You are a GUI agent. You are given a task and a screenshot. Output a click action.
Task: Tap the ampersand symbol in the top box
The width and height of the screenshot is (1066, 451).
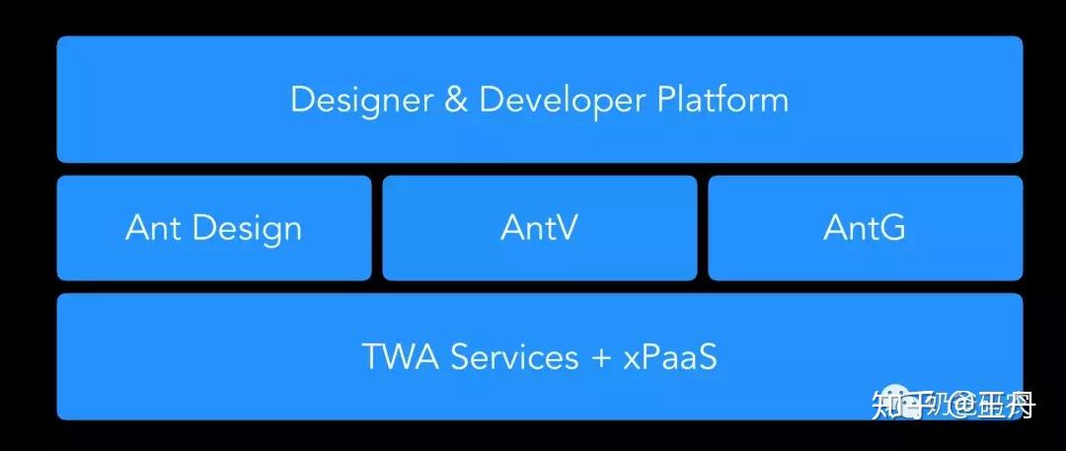[455, 101]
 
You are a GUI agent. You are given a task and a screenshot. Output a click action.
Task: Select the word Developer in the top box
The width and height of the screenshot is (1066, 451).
[563, 101]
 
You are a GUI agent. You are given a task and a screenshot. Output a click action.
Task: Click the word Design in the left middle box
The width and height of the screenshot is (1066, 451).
[247, 228]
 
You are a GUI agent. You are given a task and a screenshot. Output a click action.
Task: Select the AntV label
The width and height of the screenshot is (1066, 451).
[539, 228]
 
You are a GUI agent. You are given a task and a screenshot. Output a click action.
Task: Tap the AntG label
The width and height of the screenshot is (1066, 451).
[865, 228]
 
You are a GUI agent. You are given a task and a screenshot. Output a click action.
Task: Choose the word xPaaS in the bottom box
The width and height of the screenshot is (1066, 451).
[670, 356]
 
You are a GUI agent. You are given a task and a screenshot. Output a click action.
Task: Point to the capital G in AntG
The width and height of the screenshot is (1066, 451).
[892, 228]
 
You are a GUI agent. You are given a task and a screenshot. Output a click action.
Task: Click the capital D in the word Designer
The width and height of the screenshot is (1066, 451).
[302, 101]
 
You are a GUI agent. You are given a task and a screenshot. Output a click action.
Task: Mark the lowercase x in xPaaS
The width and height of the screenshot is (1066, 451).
[632, 359]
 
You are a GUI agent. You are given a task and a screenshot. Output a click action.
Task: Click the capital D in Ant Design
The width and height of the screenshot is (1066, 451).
[205, 228]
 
